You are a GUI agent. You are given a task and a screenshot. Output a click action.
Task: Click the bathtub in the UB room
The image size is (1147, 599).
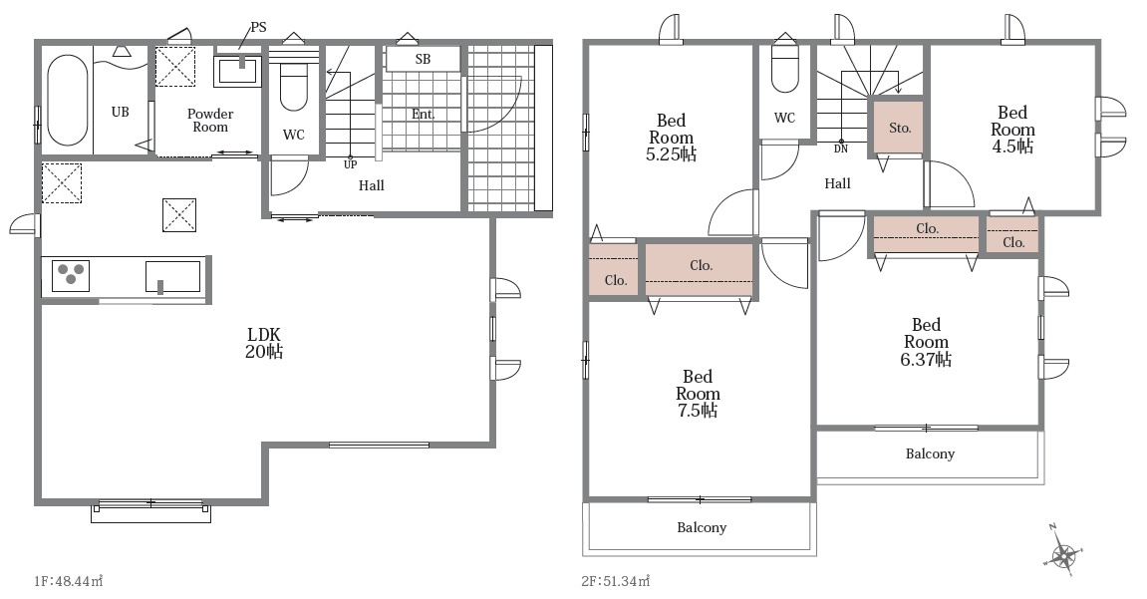68,101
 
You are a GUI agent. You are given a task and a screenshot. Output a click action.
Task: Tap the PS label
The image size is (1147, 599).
258,28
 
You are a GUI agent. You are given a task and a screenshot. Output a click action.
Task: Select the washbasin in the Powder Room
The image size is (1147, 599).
238,71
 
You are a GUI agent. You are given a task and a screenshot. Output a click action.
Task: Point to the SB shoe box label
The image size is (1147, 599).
423,59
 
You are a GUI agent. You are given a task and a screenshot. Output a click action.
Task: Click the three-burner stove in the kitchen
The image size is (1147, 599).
71,276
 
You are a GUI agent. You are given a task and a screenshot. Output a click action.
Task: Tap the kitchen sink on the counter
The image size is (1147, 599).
172,276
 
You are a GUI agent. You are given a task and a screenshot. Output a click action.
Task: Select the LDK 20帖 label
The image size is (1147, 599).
264,343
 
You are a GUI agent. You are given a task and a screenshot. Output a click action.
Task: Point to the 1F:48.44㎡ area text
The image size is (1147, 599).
68,581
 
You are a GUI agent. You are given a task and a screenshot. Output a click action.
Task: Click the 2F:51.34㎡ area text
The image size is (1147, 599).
615,581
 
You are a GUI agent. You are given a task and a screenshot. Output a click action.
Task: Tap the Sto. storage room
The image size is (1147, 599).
899,127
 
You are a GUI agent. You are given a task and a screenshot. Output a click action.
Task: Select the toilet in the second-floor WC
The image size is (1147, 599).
785,71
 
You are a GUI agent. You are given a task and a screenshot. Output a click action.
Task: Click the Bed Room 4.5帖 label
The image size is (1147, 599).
1013,130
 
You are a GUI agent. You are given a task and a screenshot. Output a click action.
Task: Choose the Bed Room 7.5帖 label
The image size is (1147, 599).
698,394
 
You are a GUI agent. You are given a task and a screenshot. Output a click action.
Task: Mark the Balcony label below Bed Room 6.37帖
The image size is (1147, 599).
930,454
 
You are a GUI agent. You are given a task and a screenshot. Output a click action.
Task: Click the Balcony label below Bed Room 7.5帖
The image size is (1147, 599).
702,528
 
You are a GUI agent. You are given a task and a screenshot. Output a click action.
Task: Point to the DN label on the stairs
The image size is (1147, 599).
841,150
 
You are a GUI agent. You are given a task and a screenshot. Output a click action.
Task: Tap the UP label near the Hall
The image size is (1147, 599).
351,165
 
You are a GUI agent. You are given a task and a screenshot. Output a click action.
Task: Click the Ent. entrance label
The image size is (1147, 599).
423,114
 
